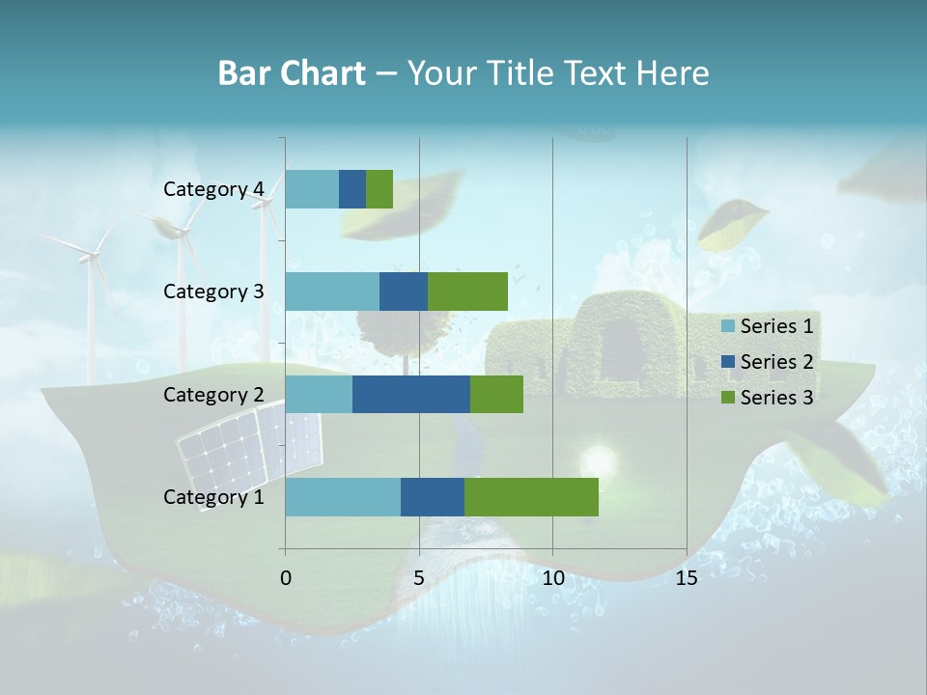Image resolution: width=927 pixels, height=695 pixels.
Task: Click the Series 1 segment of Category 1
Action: click(343, 497)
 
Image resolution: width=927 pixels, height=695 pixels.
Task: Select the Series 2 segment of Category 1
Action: click(433, 497)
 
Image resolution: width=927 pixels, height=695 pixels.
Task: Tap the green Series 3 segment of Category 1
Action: click(531, 497)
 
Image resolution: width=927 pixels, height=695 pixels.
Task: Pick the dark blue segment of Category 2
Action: click(411, 395)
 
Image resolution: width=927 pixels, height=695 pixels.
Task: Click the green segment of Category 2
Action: click(496, 395)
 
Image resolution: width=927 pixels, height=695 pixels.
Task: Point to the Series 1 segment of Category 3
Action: click(332, 292)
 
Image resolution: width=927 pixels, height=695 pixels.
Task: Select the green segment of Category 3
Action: click(467, 292)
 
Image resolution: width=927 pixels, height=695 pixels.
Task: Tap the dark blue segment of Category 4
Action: click(352, 189)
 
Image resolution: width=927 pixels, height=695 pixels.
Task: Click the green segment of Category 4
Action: click(379, 189)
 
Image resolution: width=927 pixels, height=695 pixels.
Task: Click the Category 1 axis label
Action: click(213, 497)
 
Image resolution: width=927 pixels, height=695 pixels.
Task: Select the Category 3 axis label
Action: click(213, 292)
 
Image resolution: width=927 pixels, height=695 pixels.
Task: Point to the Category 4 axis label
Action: click(213, 189)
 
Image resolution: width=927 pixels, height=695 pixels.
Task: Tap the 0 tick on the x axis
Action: click(286, 578)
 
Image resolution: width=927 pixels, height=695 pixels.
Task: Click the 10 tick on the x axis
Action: click(552, 578)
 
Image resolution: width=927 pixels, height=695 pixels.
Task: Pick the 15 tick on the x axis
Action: click(687, 578)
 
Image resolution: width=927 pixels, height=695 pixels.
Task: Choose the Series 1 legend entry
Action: click(768, 326)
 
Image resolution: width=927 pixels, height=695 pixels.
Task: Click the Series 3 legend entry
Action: click(768, 398)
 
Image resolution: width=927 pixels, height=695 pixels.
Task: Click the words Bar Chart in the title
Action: click(292, 73)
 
